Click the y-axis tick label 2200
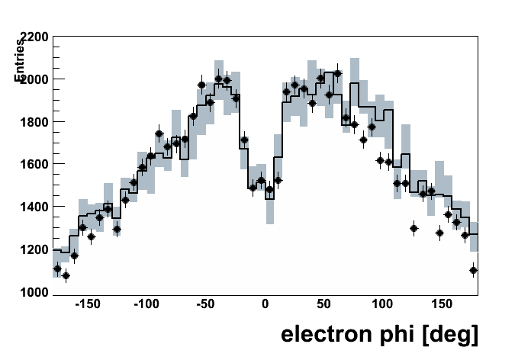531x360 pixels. pyautogui.click(x=35, y=37)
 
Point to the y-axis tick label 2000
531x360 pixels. pyautogui.click(x=35, y=79)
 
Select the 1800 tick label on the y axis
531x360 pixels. pyautogui.click(x=35, y=122)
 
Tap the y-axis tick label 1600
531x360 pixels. pyautogui.click(x=35, y=164)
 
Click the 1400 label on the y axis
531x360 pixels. pyautogui.click(x=35, y=207)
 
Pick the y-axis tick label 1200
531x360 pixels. pyautogui.click(x=35, y=249)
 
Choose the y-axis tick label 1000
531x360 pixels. pyautogui.click(x=35, y=292)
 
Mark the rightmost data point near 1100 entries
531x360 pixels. pyautogui.click(x=474, y=270)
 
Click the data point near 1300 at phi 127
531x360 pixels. pyautogui.click(x=414, y=228)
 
